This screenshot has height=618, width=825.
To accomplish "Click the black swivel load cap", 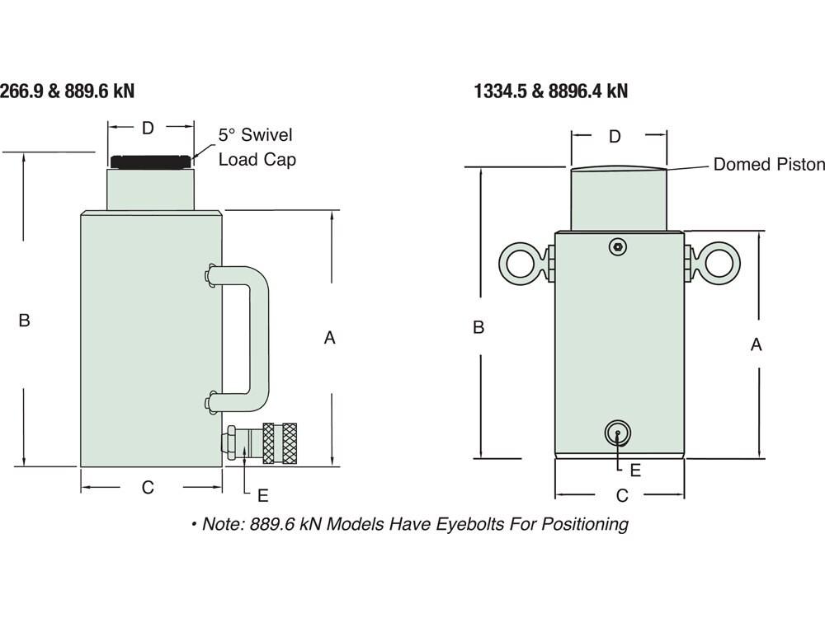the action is pyautogui.click(x=151, y=162).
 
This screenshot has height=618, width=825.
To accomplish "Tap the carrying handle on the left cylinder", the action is pyautogui.click(x=260, y=337).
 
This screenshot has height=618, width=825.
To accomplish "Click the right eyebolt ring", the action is pyautogui.click(x=719, y=260).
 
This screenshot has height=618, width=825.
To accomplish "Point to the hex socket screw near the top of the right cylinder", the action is pyautogui.click(x=617, y=246).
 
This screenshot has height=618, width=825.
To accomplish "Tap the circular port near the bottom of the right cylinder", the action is pyautogui.click(x=617, y=433).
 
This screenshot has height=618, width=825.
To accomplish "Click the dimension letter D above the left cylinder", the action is pyautogui.click(x=148, y=128).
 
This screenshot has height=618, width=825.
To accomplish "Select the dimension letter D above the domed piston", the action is pyautogui.click(x=615, y=137).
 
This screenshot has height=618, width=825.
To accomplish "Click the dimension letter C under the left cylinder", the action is pyautogui.click(x=148, y=488).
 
